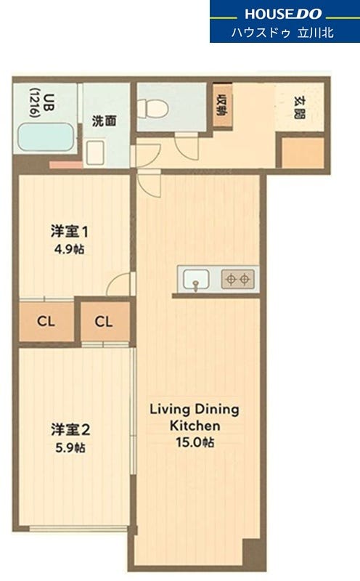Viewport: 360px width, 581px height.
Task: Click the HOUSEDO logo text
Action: click(x=283, y=14)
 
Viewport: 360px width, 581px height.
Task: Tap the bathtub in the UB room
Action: click(x=46, y=137)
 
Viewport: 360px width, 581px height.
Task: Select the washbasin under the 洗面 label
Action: click(x=95, y=153)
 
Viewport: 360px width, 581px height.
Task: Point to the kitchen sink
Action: click(x=196, y=279)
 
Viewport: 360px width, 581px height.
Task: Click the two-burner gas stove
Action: click(x=238, y=279)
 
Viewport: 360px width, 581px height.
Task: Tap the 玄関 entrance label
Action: click(x=299, y=107)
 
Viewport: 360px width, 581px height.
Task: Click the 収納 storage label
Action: click(x=222, y=105)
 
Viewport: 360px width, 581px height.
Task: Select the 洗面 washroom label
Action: click(x=104, y=121)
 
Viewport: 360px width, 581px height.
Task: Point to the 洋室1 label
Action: click(x=70, y=232)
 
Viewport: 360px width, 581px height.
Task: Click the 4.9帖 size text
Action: click(x=70, y=249)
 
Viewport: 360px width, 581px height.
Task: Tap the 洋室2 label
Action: click(x=70, y=430)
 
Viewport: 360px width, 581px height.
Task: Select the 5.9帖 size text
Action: click(x=70, y=448)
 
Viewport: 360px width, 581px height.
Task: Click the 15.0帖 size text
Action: click(x=195, y=442)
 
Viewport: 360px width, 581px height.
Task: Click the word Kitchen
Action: click(x=195, y=426)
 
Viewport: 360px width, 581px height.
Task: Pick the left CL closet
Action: click(x=46, y=321)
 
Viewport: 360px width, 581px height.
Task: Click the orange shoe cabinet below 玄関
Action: click(x=303, y=153)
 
